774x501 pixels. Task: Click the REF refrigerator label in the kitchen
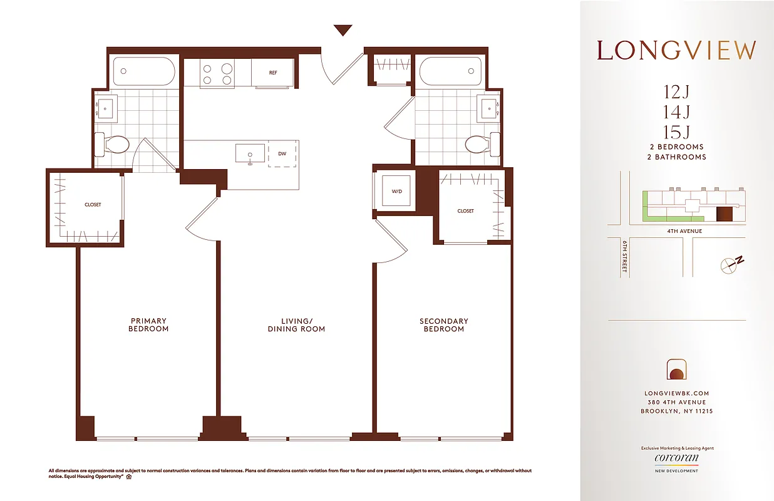pyautogui.click(x=273, y=73)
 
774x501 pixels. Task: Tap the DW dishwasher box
pyautogui.click(x=282, y=153)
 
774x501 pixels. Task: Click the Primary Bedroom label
pyautogui.click(x=148, y=325)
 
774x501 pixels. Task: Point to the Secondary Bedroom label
pyautogui.click(x=443, y=325)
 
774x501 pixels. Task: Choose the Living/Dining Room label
pyautogui.click(x=296, y=325)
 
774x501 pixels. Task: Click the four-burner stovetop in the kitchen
pyautogui.click(x=217, y=74)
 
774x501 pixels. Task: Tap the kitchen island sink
pyautogui.click(x=249, y=153)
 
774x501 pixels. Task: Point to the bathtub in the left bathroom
pyautogui.click(x=143, y=72)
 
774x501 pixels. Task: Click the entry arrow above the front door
pyautogui.click(x=343, y=30)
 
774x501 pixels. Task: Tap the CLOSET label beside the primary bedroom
pyautogui.click(x=93, y=205)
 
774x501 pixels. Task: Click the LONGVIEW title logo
pyautogui.click(x=676, y=50)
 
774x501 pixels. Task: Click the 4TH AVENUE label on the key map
pyautogui.click(x=685, y=231)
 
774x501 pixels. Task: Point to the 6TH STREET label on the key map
pyautogui.click(x=624, y=258)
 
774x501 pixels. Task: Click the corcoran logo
pyautogui.click(x=676, y=459)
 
